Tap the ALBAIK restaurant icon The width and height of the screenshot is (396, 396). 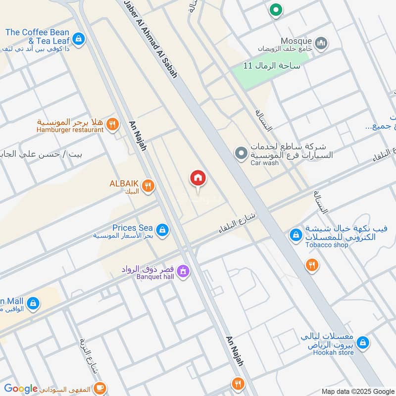point(148,186)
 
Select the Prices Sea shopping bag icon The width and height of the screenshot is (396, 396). point(162,230)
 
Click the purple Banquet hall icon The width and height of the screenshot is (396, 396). point(183,271)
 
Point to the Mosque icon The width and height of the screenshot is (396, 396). point(321,44)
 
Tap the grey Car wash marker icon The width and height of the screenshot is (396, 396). point(241,154)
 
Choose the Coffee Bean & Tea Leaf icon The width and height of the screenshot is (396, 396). point(78,38)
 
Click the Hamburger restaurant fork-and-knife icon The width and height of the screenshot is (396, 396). point(113,125)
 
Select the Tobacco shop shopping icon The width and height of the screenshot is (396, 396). point(296,235)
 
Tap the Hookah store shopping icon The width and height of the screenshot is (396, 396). point(363,342)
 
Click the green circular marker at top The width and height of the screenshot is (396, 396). point(275,10)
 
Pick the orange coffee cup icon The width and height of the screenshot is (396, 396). point(100,387)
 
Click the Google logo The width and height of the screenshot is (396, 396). point(21,389)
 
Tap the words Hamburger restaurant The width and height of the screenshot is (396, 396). point(70,130)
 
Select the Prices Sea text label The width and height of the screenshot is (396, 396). point(132,228)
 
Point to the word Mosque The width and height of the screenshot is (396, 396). point(296,41)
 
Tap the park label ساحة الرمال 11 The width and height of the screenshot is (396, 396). point(272,65)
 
